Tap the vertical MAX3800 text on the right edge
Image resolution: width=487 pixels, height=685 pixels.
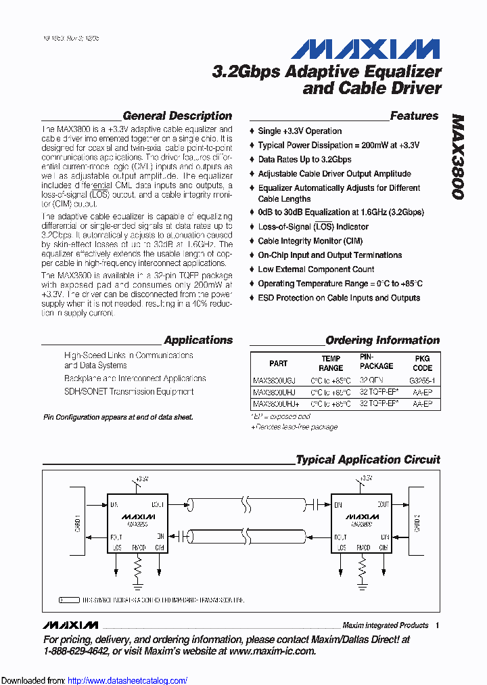pyautogui.click(x=458, y=156)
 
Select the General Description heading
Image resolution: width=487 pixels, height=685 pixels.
pyautogui.click(x=177, y=116)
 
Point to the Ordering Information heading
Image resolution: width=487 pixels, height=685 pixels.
pyautogui.click(x=382, y=340)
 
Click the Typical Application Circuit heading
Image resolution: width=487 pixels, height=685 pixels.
pyautogui.click(x=368, y=460)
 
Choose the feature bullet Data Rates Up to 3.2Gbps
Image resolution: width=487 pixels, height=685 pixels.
pyautogui.click(x=304, y=160)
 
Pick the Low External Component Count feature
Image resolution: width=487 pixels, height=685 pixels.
pyautogui.click(x=316, y=269)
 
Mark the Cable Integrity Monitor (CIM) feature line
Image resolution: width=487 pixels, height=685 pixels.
pyautogui.click(x=310, y=241)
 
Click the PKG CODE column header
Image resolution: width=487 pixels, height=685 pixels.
pyautogui.click(x=422, y=363)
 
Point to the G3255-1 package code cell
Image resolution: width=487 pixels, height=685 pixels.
pyautogui.click(x=423, y=380)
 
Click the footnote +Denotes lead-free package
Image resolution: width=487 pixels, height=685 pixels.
pyautogui.click(x=294, y=427)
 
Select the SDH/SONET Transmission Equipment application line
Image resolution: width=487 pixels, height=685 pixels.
pyautogui.click(x=129, y=391)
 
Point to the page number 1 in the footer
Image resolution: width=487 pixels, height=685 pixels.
pyautogui.click(x=438, y=625)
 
